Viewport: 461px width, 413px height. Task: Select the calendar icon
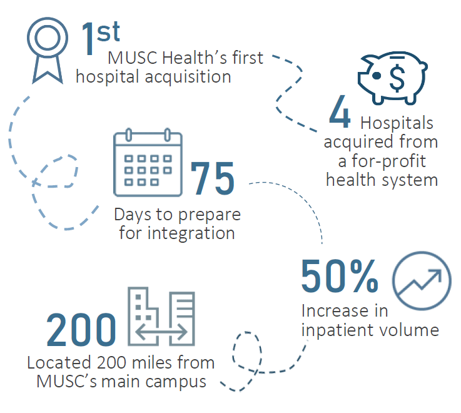pos(148,162)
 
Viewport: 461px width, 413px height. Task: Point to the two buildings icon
pos(161,318)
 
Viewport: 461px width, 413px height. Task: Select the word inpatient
pos(340,330)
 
